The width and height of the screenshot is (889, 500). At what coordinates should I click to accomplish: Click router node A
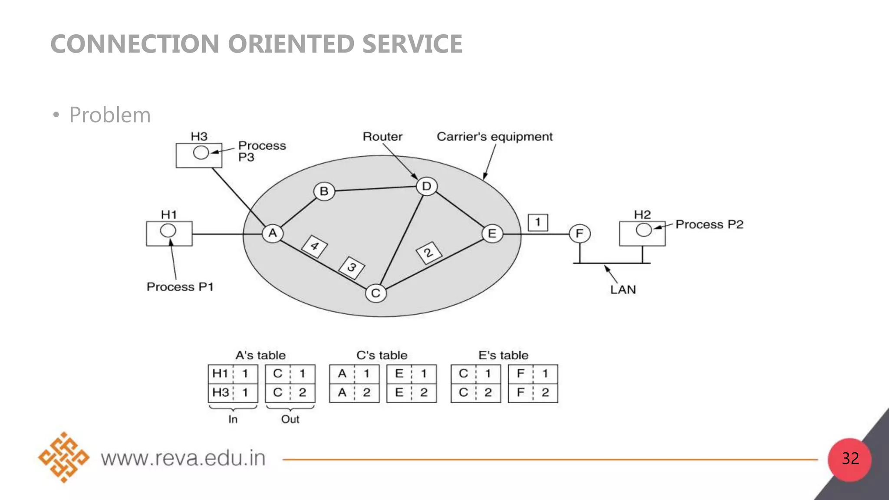pos(273,234)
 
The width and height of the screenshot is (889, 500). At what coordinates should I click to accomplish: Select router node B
pos(324,191)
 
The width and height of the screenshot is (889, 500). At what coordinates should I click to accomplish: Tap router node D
pos(427,186)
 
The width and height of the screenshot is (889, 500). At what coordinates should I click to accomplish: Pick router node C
pos(376,293)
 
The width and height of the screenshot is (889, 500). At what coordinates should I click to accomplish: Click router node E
pos(492,234)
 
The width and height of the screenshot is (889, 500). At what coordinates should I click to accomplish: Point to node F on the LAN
pos(579,234)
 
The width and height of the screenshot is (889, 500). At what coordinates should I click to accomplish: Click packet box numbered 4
pos(315,246)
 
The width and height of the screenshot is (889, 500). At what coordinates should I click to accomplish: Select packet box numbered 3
pos(352,267)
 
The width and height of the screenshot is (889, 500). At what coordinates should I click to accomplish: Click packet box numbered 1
pos(538,223)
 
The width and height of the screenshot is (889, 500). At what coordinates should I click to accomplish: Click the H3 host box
pos(199,155)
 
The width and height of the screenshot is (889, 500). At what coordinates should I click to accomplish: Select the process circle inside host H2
pos(643,230)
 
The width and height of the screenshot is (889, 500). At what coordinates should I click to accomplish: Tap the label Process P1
pos(180,287)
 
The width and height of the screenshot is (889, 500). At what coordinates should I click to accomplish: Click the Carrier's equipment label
pos(494,137)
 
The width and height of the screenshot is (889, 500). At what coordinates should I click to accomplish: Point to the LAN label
pos(623,289)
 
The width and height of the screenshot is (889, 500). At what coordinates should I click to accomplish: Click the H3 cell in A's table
pos(221,392)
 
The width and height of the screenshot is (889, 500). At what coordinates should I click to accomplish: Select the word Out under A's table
pos(290,419)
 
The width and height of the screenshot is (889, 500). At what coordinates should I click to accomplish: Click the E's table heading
pos(503,355)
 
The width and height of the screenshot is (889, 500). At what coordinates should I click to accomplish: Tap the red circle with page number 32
pos(849,459)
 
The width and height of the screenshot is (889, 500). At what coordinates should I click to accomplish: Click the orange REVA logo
pos(64,457)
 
